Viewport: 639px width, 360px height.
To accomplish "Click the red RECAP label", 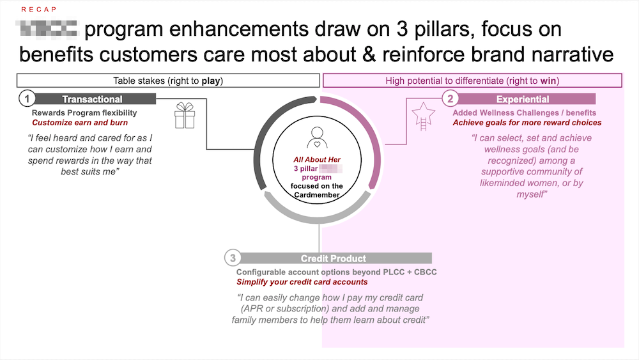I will click(x=38, y=10).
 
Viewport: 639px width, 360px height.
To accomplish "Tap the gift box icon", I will click(x=185, y=116).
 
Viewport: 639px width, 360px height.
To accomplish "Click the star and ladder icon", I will click(x=422, y=116).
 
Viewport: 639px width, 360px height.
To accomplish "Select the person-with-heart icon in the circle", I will click(x=317, y=137).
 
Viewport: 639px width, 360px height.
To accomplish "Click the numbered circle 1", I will click(x=27, y=99).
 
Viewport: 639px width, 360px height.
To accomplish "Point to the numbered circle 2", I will click(x=450, y=99).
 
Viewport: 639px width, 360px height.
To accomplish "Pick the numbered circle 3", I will click(x=233, y=258).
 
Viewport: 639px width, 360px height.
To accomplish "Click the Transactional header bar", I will click(x=93, y=99).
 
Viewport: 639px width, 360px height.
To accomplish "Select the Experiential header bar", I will click(x=523, y=99).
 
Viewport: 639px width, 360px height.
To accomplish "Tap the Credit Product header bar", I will click(x=334, y=258).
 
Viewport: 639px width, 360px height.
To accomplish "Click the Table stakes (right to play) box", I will click(x=168, y=81).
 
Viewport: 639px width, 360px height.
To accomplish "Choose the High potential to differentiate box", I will click(x=472, y=81).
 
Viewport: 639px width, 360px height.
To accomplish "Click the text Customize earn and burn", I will click(x=80, y=123).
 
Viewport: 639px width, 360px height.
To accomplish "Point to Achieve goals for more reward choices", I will click(x=527, y=123).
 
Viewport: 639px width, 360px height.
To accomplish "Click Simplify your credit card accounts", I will click(x=302, y=282).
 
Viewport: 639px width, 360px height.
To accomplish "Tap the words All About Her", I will click(x=316, y=159).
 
